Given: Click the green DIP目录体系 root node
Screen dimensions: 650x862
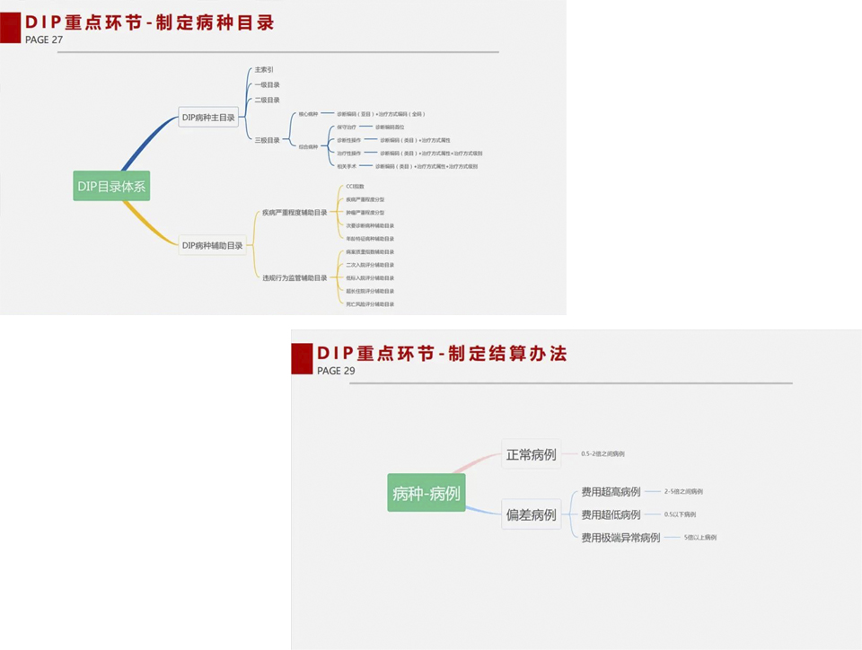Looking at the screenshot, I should [111, 187].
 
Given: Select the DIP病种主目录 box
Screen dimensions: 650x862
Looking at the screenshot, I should [208, 118].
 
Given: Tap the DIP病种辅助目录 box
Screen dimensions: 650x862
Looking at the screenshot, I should [212, 245].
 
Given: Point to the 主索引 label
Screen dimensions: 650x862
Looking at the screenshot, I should [264, 69].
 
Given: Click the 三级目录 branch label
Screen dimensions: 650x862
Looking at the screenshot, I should [267, 140].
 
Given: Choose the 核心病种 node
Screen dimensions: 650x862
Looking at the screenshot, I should [308, 114].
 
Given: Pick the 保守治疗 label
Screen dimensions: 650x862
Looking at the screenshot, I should [347, 127].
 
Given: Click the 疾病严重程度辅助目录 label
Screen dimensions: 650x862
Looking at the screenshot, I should [295, 213].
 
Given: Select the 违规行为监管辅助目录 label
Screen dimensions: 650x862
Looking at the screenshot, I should [295, 278].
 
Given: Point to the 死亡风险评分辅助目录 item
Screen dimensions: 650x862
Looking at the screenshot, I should [370, 304].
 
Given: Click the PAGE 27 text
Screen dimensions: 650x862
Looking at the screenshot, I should [44, 40].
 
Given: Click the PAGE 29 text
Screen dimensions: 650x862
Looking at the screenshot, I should [336, 370].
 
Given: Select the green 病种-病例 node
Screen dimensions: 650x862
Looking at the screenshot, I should [427, 493].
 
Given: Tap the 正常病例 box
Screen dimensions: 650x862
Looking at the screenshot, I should [531, 454].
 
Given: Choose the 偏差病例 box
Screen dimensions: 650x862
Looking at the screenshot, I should [531, 514].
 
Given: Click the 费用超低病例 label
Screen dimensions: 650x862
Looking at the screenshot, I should [611, 514].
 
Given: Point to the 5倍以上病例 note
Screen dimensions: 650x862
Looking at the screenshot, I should [699, 538].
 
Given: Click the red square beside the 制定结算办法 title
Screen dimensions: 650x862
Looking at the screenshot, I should [302, 358].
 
